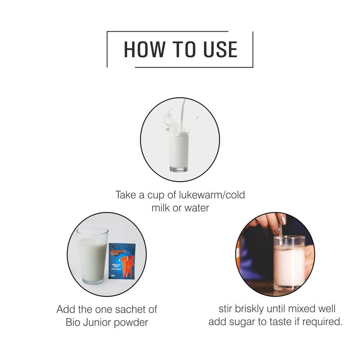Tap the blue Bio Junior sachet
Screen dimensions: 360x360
click(122, 260)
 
